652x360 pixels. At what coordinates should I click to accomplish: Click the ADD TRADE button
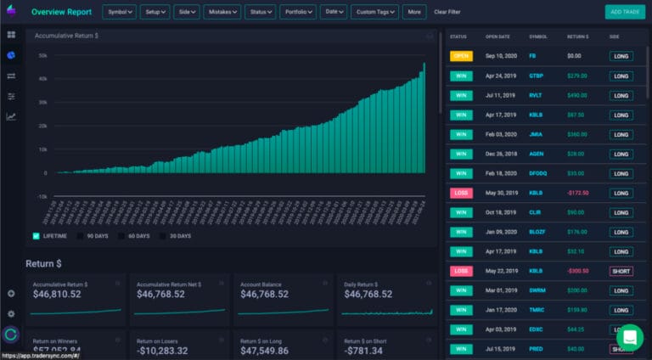pyautogui.click(x=624, y=12)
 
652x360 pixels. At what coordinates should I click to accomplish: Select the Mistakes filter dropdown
pyautogui.click(x=222, y=12)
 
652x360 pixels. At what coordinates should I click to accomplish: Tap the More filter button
pyautogui.click(x=413, y=12)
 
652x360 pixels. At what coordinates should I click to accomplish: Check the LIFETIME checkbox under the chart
pyautogui.click(x=37, y=235)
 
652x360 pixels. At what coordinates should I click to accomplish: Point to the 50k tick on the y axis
pyautogui.click(x=42, y=55)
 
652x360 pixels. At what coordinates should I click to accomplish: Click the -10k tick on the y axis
pyautogui.click(x=41, y=196)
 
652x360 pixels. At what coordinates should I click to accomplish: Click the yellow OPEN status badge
pyautogui.click(x=460, y=56)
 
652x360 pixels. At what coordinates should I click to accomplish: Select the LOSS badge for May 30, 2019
pyautogui.click(x=460, y=193)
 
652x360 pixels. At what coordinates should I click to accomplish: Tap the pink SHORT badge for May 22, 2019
pyautogui.click(x=621, y=271)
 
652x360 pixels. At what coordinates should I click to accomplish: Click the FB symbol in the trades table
pyautogui.click(x=532, y=56)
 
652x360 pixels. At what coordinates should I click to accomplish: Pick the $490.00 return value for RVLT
pyautogui.click(x=579, y=95)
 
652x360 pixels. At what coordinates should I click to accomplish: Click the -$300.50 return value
pyautogui.click(x=579, y=271)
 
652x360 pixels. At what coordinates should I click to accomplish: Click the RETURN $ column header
pyautogui.click(x=578, y=37)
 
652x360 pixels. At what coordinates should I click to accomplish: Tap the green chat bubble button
pyautogui.click(x=629, y=336)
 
